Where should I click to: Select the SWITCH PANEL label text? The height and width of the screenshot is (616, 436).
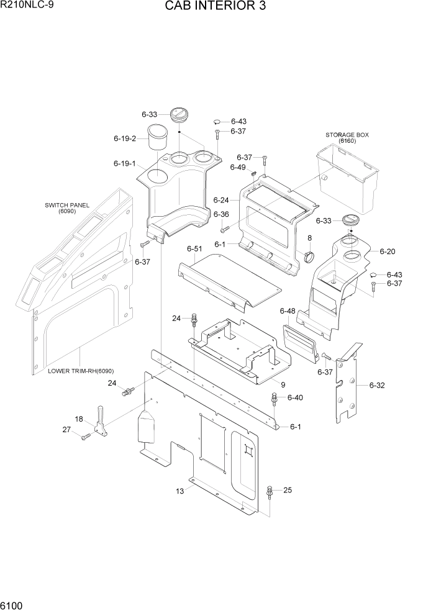tap(67, 205)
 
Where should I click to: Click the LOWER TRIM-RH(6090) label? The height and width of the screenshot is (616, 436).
tap(81, 371)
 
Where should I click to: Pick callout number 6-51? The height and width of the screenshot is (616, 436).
tap(194, 249)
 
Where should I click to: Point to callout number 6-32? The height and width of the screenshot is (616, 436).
tap(377, 386)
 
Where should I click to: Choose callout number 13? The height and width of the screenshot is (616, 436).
tap(179, 492)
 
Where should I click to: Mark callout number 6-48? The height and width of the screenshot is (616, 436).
tap(287, 310)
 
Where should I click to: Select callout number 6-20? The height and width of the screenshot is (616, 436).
tap(387, 251)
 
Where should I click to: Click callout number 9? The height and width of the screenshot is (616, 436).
tap(283, 384)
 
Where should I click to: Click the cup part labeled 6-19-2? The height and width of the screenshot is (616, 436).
tap(158, 137)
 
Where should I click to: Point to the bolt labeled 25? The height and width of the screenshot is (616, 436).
tap(270, 492)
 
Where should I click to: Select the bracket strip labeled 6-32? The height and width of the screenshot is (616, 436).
tap(347, 385)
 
